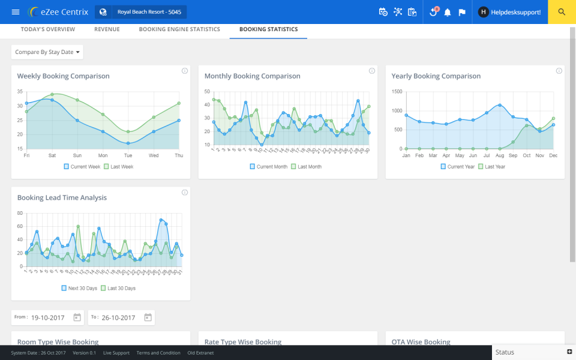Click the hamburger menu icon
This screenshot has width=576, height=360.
16,12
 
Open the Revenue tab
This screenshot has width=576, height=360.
107,29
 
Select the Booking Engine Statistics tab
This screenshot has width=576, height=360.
179,29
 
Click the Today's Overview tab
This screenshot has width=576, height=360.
48,29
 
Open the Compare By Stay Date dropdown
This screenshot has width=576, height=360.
47,52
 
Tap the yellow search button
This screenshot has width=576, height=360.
562,12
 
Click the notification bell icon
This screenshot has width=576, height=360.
447,12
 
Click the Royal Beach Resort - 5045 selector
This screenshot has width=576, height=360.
141,12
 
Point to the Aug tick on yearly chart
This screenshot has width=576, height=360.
499,155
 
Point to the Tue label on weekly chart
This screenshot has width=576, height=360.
128,155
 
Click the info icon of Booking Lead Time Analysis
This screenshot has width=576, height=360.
185,193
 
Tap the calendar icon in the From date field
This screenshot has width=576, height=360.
77,317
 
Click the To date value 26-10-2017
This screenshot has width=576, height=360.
118,317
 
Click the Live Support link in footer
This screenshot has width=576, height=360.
116,353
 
